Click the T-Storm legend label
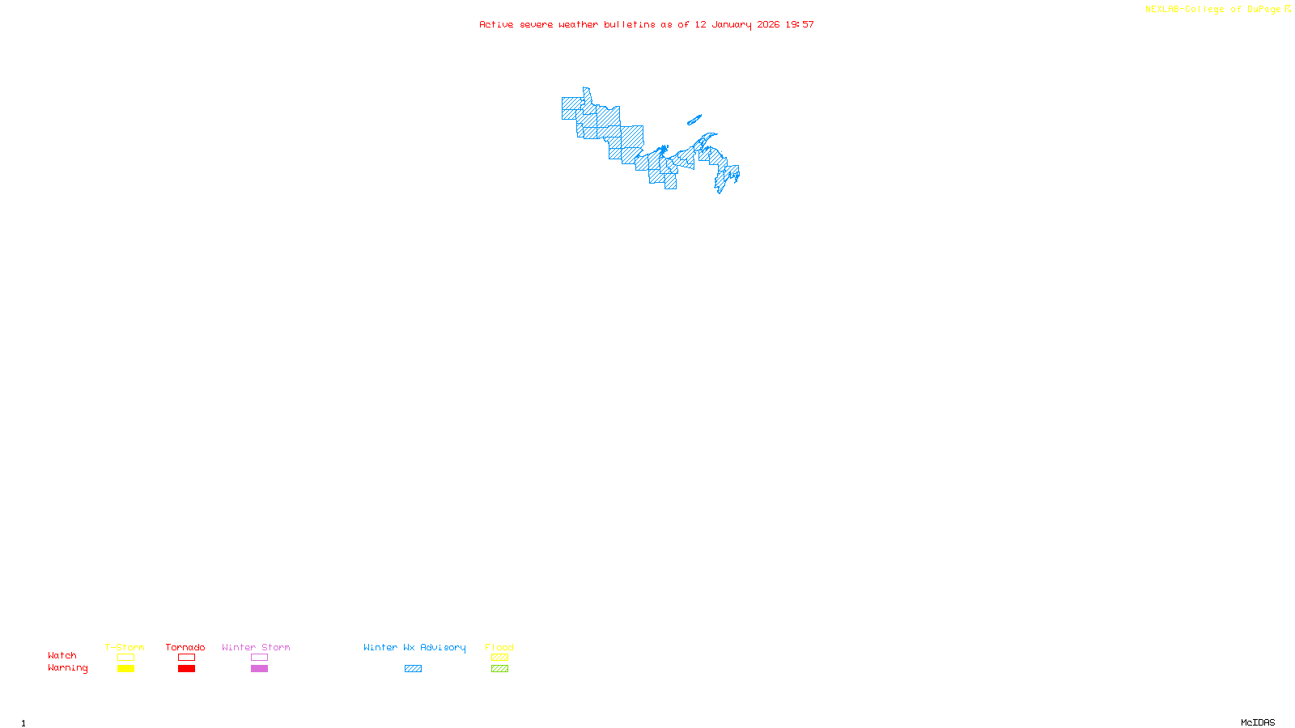[x=125, y=647]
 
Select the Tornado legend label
[x=185, y=647]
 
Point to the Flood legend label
[x=499, y=647]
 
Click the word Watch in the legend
[x=62, y=655]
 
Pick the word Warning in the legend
[x=68, y=668]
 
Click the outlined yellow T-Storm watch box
[x=125, y=658]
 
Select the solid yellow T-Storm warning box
[x=125, y=669]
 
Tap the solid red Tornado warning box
[x=186, y=669]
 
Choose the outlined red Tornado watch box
[x=186, y=658]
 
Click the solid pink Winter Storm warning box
[x=259, y=669]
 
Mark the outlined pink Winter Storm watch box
[x=259, y=658]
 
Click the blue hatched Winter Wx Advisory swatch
[x=413, y=669]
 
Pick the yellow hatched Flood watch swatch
[x=499, y=658]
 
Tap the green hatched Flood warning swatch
[x=499, y=669]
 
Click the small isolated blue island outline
[x=694, y=121]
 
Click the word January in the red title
[x=732, y=24]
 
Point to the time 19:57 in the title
[x=800, y=24]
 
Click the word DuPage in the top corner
[x=1263, y=10]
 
